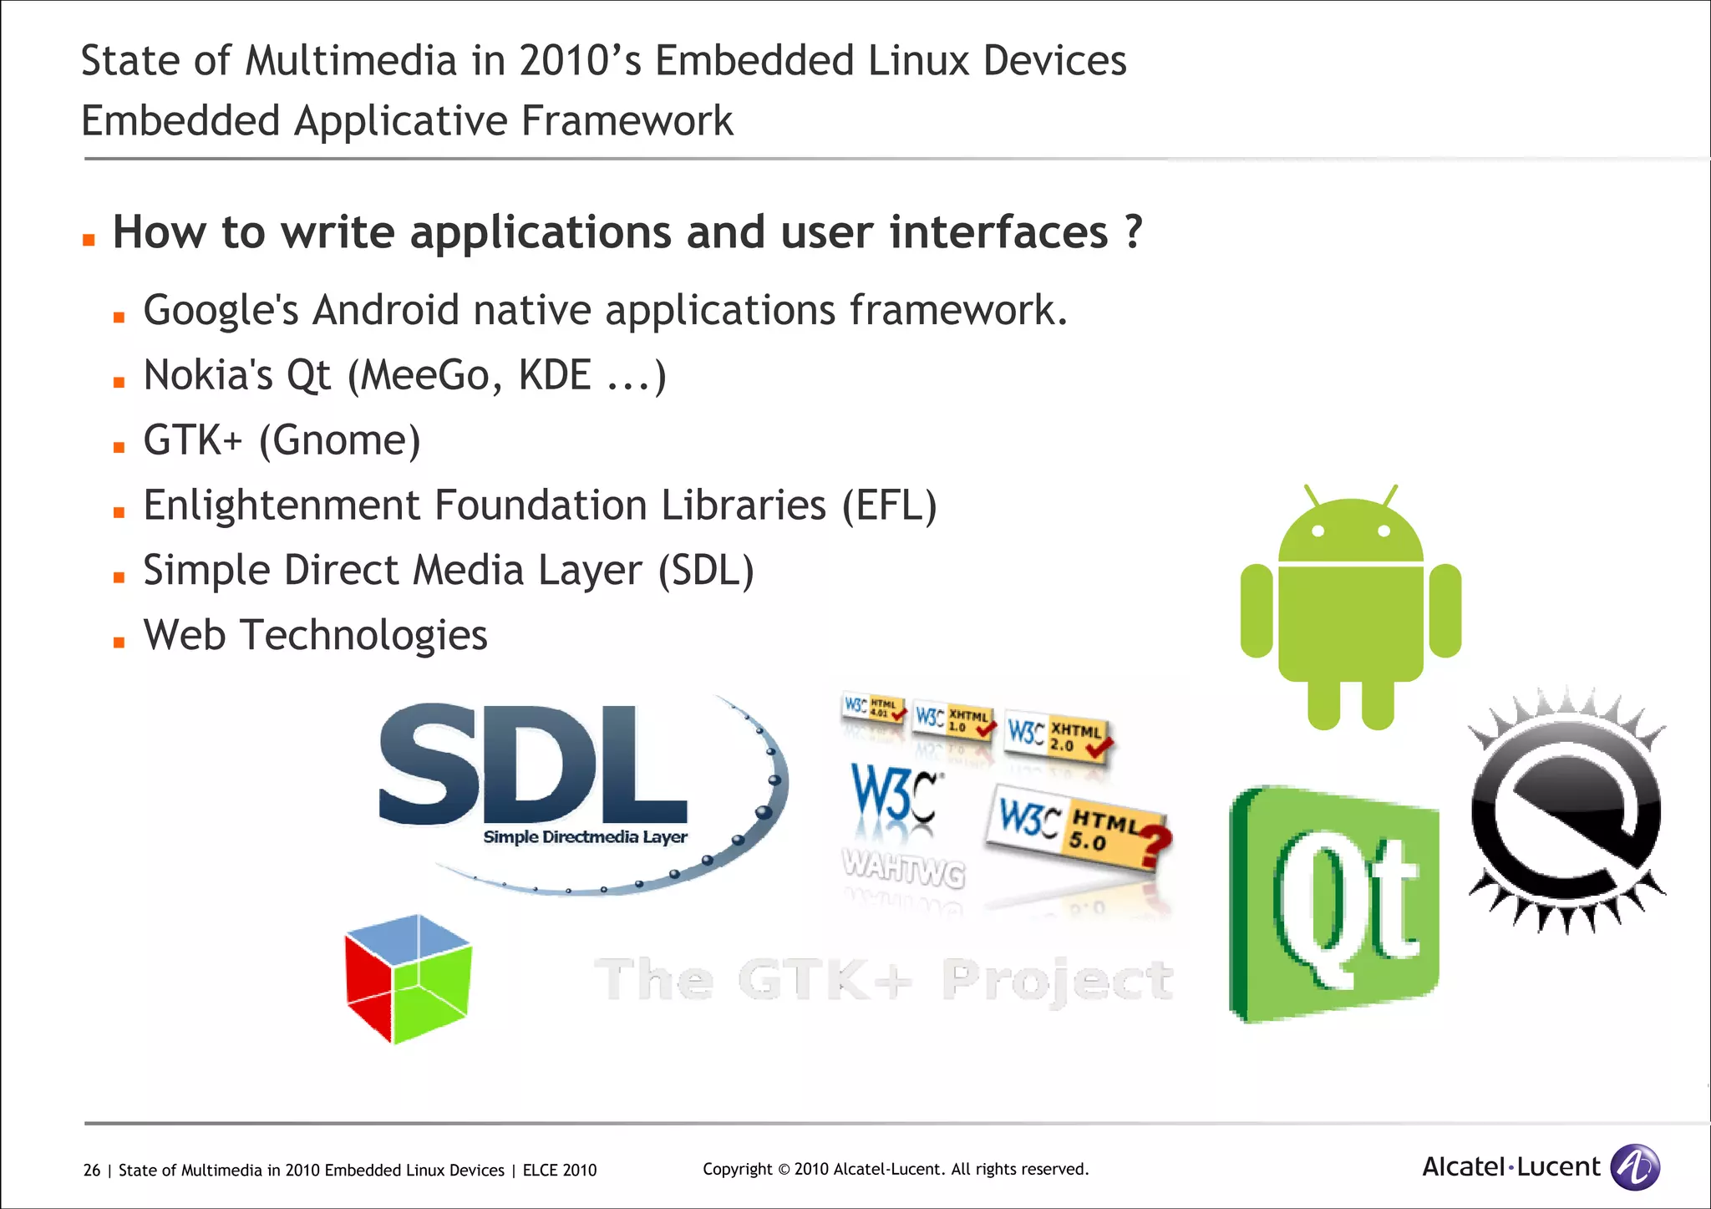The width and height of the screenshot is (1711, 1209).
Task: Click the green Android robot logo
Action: tap(1351, 610)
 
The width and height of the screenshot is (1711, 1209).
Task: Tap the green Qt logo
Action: tap(1335, 904)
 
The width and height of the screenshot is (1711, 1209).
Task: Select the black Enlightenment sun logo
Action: tap(1566, 810)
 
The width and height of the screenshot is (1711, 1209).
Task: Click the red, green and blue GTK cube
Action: tap(409, 978)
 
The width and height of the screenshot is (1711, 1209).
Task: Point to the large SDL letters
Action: tap(533, 765)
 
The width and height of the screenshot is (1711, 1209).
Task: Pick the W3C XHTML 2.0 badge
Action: tap(1058, 736)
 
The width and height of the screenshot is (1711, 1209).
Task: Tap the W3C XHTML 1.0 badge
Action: tap(953, 719)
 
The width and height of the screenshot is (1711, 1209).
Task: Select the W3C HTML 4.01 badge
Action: tap(873, 708)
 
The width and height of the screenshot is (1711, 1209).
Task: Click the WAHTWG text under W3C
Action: tap(904, 867)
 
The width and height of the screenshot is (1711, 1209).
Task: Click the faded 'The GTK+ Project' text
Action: tap(883, 979)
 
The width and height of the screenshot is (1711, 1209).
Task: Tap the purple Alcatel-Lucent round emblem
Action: tap(1634, 1166)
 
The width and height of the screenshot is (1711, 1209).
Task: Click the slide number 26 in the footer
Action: tap(92, 1171)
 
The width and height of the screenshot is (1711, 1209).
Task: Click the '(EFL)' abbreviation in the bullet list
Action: tap(889, 505)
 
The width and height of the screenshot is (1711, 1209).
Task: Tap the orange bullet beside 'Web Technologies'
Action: tap(119, 643)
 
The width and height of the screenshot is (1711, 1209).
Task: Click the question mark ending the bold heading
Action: tap(1133, 231)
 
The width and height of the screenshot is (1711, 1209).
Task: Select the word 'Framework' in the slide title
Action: tap(627, 121)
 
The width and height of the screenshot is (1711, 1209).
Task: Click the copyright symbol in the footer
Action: tap(784, 1170)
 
